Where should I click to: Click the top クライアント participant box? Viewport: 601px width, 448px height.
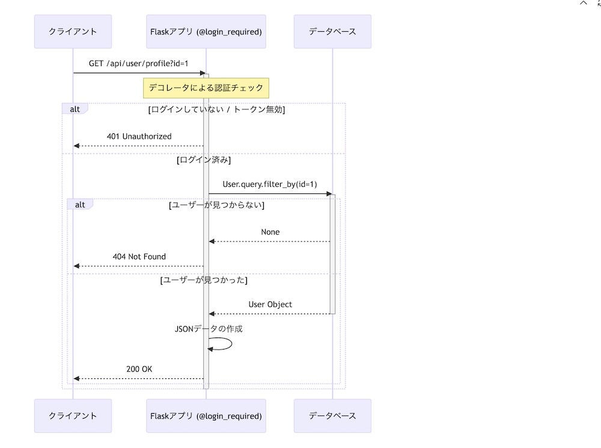click(x=73, y=32)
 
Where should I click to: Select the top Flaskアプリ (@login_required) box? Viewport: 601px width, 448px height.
click(x=206, y=32)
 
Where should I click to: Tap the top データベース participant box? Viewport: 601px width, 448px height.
click(x=332, y=32)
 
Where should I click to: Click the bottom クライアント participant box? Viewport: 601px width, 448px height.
click(x=73, y=416)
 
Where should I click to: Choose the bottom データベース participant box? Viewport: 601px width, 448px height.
click(x=332, y=416)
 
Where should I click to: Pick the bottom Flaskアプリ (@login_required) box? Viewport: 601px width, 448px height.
click(x=206, y=416)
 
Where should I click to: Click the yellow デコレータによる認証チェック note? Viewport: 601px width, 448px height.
click(x=206, y=88)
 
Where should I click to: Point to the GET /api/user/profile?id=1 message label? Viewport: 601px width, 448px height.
click(x=139, y=63)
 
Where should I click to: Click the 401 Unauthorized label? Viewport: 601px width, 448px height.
click(x=139, y=136)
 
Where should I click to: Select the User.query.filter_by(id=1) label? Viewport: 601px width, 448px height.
click(x=270, y=184)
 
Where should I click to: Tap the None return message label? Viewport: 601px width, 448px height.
click(x=270, y=232)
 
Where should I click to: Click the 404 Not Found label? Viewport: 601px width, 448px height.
click(x=139, y=256)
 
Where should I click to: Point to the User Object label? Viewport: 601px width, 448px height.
click(x=270, y=304)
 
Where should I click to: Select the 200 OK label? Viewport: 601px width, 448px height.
click(x=139, y=369)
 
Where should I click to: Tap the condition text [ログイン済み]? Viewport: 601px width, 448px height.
click(x=204, y=160)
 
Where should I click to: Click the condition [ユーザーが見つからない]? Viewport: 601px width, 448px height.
click(x=217, y=205)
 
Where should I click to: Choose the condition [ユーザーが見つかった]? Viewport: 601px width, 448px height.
click(x=204, y=280)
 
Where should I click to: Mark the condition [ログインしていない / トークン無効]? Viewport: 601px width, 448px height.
click(x=216, y=109)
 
